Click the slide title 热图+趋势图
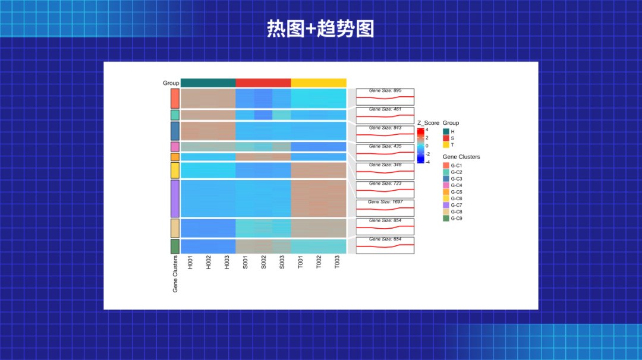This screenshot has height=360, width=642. tap(320, 29)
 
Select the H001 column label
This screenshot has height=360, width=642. tap(190, 263)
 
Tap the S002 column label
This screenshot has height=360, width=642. tap(263, 263)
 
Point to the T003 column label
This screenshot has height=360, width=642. tap(337, 263)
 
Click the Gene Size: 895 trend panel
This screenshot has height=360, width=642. tap(385, 96)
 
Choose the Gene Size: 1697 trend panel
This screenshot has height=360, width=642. tap(385, 208)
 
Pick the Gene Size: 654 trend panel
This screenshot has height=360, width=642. tap(385, 245)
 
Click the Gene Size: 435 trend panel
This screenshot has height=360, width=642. tap(385, 152)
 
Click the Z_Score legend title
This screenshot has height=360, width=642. tap(428, 123)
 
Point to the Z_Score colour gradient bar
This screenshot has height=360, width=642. tap(420, 145)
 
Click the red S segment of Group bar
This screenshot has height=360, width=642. tap(263, 83)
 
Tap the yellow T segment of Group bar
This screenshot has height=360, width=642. tap(319, 83)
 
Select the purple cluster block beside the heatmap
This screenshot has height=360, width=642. tap(175, 198)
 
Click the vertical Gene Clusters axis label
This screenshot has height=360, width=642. tap(175, 274)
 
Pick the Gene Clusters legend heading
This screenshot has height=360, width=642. tap(461, 157)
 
